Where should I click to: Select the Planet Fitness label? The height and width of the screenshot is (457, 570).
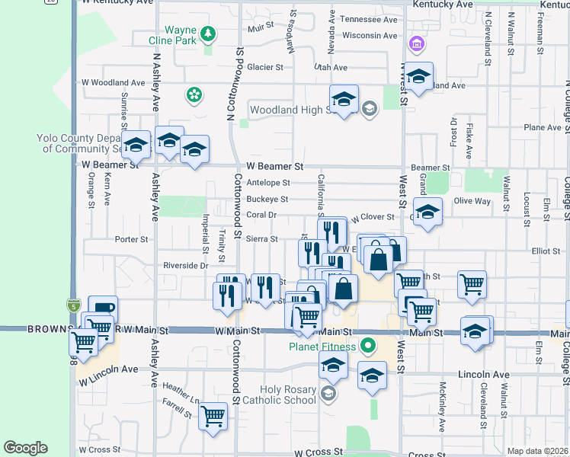tap(322, 347)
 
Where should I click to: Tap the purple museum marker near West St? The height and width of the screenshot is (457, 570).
tap(416, 43)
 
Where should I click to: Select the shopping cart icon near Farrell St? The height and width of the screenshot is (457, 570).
tap(213, 416)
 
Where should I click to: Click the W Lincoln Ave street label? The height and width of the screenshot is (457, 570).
tap(107, 370)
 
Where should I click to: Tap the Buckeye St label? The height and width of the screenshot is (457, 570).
tap(267, 200)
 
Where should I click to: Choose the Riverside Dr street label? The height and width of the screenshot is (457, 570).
tap(185, 266)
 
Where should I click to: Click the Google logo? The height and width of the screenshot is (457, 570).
tap(25, 448)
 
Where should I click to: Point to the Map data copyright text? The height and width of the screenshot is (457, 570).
tap(538, 451)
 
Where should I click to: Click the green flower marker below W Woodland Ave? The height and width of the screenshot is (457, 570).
tap(194, 94)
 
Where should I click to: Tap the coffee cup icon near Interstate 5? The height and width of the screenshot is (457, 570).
tap(103, 308)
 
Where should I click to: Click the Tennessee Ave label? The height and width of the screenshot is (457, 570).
tap(369, 19)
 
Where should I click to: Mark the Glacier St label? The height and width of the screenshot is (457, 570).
tap(265, 67)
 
